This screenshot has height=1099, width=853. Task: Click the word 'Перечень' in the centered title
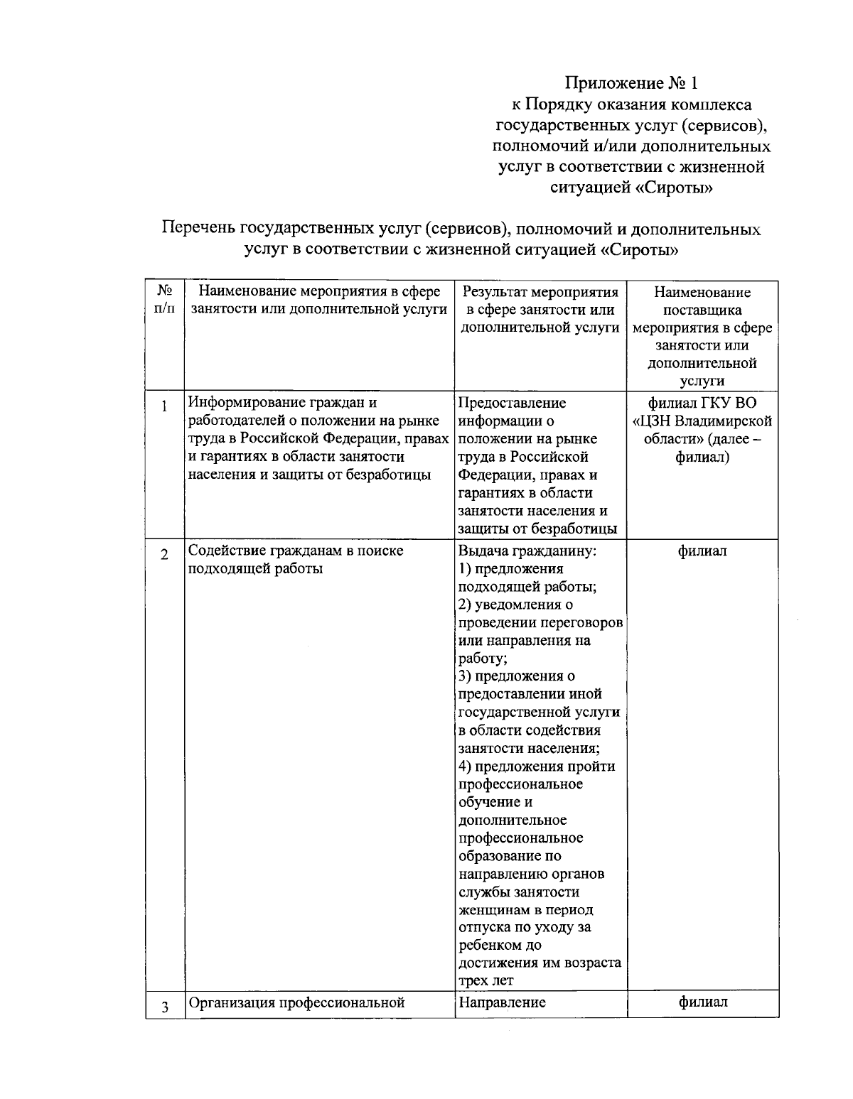coord(199,229)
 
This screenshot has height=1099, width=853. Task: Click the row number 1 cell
coord(165,407)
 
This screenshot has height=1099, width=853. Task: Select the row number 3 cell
coord(165,1007)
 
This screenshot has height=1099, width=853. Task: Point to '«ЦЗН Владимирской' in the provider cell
coord(702,421)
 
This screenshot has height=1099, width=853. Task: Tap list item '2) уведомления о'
coord(515,605)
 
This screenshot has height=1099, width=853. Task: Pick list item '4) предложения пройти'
coord(537,766)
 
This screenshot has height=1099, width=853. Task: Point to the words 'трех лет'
coord(486,981)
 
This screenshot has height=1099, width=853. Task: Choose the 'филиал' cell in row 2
coord(702,551)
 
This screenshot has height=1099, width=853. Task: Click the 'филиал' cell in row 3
coord(702,1002)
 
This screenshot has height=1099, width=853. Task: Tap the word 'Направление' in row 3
coord(502,1002)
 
